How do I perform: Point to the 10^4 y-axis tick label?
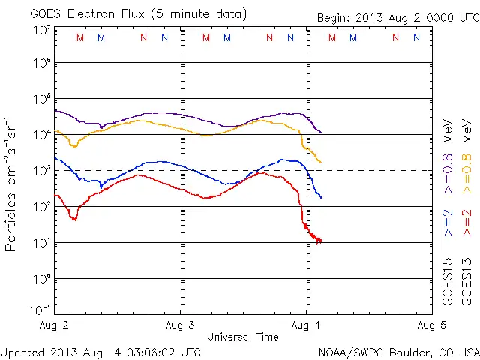41,135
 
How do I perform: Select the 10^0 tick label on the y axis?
41,279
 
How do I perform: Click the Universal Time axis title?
242,337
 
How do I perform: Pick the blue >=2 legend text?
448,223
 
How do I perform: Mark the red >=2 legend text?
466,223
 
